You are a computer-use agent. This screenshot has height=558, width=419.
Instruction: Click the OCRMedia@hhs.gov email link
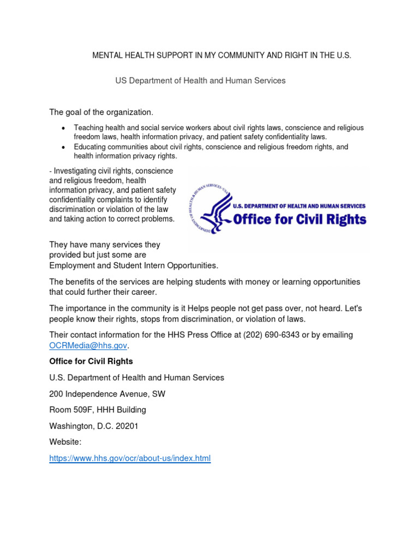88,345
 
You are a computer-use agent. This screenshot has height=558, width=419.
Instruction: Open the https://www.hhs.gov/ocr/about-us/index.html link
130,458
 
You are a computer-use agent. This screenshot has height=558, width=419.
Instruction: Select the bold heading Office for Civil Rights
91,361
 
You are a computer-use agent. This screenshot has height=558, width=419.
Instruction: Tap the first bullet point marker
63,128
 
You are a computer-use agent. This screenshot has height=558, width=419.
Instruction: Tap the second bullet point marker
63,148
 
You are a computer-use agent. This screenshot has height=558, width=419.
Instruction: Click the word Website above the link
65,442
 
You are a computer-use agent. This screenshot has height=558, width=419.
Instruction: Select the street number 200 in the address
56,393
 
